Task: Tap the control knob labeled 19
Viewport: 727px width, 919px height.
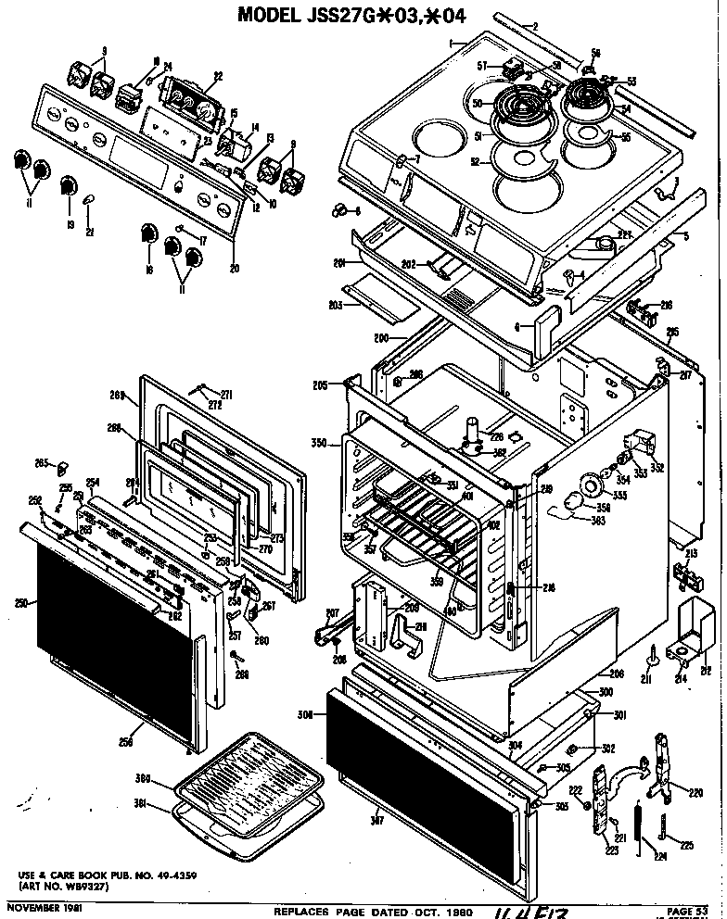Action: pos(68,185)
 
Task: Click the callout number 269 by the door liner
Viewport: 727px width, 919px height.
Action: pos(117,395)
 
